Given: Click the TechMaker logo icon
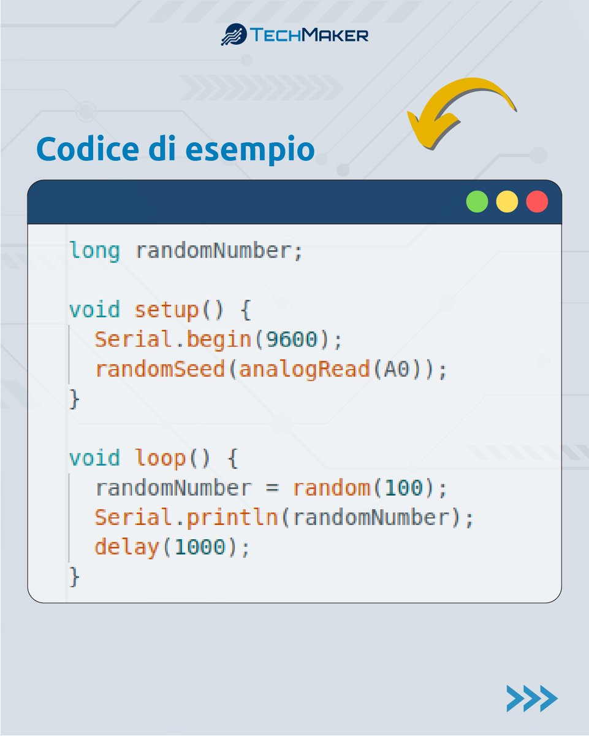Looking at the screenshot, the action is [233, 34].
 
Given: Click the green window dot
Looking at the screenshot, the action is [477, 202].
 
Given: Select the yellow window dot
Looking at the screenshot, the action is [507, 202].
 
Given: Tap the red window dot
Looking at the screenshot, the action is [537, 202].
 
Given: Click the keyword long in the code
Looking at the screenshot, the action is [94, 251].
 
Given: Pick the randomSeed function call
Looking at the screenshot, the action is [160, 370].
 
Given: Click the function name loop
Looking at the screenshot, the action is [160, 458].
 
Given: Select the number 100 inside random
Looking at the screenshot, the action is [403, 488].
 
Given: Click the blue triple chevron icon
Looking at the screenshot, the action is [531, 699].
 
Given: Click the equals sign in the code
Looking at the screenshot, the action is [272, 489].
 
